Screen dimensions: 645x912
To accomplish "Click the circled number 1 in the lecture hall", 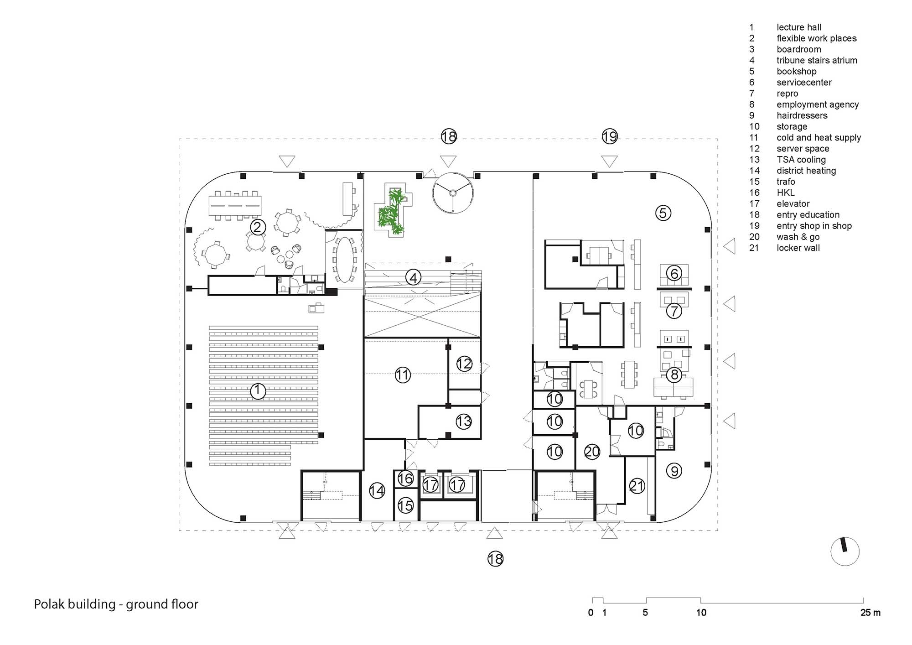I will pyautogui.click(x=258, y=391).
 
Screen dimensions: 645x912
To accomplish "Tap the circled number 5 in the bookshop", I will pyautogui.click(x=663, y=213).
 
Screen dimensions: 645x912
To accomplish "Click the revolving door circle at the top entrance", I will pyautogui.click(x=453, y=192).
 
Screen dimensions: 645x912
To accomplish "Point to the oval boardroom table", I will pyautogui.click(x=344, y=259).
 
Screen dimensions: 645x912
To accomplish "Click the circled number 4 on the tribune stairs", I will pyautogui.click(x=413, y=277).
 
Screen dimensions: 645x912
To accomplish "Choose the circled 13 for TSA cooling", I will pyautogui.click(x=463, y=421).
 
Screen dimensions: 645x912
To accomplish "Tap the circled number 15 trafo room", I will pyautogui.click(x=405, y=505).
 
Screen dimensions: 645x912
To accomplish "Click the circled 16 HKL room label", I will pyautogui.click(x=405, y=479).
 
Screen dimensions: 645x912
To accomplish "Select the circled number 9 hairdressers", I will pyautogui.click(x=674, y=470).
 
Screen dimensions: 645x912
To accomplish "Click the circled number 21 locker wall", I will pyautogui.click(x=637, y=486).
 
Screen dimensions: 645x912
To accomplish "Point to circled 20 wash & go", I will pyautogui.click(x=592, y=452).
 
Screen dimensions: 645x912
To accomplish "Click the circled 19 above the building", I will pyautogui.click(x=609, y=136).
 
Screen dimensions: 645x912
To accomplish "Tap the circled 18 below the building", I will pyautogui.click(x=495, y=559).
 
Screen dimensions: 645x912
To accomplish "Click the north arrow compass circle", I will pyautogui.click(x=845, y=551).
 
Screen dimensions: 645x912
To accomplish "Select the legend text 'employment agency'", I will pyautogui.click(x=818, y=104).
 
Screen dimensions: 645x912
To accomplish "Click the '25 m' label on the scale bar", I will pyautogui.click(x=870, y=613).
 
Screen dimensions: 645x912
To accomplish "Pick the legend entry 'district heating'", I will pyautogui.click(x=806, y=171).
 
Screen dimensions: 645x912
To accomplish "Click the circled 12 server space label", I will pyautogui.click(x=464, y=364).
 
